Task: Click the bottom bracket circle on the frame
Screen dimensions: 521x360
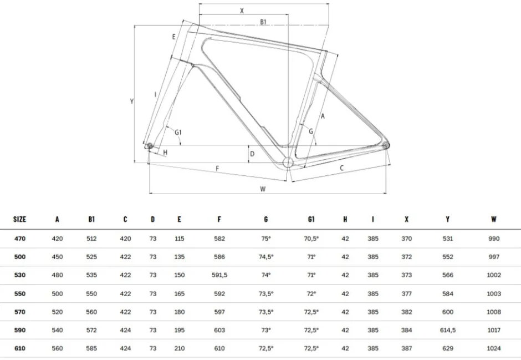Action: click(288, 163)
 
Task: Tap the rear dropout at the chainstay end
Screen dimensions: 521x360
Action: click(386, 145)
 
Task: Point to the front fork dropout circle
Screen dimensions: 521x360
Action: click(150, 145)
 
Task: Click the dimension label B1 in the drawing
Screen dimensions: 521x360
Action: click(263, 22)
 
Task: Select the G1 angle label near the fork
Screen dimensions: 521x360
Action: click(178, 133)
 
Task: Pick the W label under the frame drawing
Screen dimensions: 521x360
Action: click(263, 189)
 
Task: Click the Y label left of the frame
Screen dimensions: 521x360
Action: click(131, 101)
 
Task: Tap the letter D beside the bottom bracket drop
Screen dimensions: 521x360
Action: click(252, 154)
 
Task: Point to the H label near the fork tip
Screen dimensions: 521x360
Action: click(166, 153)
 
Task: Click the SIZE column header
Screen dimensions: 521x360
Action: click(19, 219)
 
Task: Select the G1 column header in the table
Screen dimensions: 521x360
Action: click(311, 219)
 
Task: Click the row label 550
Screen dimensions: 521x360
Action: click(20, 294)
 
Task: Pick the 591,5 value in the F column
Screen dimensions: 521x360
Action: click(219, 275)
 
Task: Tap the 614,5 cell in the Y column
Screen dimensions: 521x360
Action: click(448, 330)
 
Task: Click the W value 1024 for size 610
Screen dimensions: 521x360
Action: click(494, 348)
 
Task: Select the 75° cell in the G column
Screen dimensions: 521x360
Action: click(266, 239)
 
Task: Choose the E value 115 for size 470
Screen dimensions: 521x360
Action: click(180, 239)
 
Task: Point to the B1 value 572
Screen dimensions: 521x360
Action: click(91, 330)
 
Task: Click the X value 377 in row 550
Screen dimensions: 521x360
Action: click(406, 294)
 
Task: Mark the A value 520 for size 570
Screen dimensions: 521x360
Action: click(57, 312)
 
